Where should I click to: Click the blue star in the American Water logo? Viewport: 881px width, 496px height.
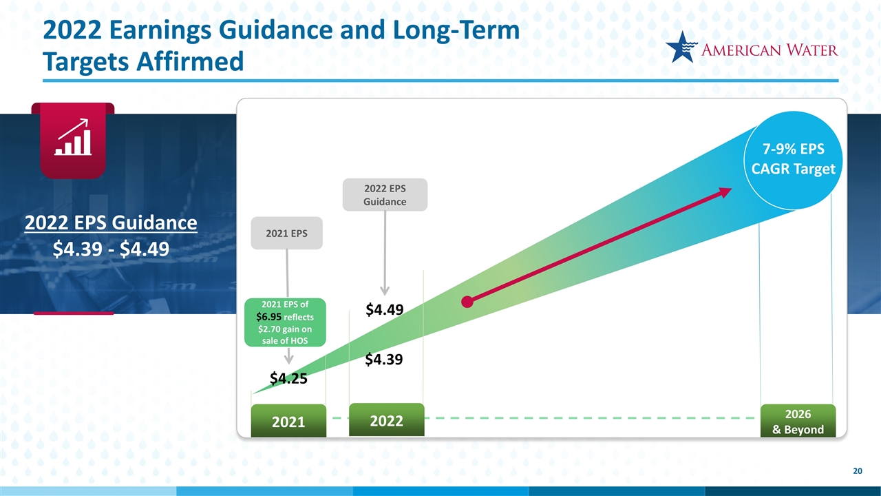[x=681, y=48]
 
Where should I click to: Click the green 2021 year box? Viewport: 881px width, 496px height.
[x=288, y=420]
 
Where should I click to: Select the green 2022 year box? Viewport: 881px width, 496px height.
[x=387, y=420]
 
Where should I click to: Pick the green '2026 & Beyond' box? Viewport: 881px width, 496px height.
[x=798, y=420]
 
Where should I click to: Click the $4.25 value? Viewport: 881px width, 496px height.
[x=288, y=378]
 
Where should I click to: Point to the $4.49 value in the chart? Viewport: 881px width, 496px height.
[x=384, y=309]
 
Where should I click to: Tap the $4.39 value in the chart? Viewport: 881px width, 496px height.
[x=384, y=360]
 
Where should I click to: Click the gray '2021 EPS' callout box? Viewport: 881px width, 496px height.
[x=287, y=233]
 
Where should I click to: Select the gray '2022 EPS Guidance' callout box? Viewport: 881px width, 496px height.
[x=385, y=195]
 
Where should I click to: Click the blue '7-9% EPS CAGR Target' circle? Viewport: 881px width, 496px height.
[x=793, y=161]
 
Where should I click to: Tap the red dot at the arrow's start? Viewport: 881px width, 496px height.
[x=467, y=302]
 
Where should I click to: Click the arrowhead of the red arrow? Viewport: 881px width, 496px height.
[x=725, y=192]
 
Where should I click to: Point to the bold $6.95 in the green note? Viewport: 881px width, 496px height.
[x=268, y=317]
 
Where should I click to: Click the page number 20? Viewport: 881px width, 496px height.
[x=858, y=471]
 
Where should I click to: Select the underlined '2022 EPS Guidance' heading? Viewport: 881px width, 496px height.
[x=111, y=223]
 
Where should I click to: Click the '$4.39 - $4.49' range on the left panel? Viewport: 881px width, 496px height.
[x=111, y=249]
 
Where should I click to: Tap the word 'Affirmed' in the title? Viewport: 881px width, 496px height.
[x=190, y=62]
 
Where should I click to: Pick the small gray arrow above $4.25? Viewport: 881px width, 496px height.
[x=288, y=356]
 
